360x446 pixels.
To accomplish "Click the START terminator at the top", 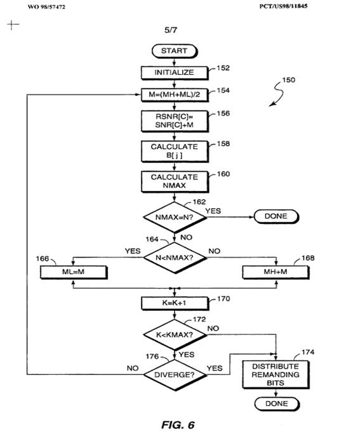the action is click(x=175, y=51).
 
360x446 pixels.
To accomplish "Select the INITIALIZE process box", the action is click(x=175, y=73).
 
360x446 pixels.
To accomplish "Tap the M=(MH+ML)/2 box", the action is click(x=175, y=95).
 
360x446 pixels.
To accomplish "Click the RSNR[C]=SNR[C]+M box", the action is click(x=175, y=121).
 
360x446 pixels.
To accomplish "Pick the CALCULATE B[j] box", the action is click(x=175, y=152).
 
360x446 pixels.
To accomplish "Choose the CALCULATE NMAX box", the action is click(x=175, y=181).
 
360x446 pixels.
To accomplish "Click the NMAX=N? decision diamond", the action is click(x=175, y=218).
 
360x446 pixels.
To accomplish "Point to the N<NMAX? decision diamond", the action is click(x=175, y=258).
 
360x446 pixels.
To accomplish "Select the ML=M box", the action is click(x=74, y=272).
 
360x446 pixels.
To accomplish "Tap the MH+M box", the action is click(x=276, y=272).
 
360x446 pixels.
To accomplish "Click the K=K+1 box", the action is click(x=175, y=303).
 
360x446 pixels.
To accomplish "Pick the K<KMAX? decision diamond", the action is click(x=175, y=335).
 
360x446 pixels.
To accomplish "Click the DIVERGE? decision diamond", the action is click(x=175, y=375).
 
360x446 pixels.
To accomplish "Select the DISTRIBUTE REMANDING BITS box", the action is click(x=276, y=374).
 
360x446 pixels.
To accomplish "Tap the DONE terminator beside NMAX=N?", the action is click(x=276, y=216).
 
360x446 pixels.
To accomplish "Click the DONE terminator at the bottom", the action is click(x=277, y=404).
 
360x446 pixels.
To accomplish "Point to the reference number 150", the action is click(x=288, y=80).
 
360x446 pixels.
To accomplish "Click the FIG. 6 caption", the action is click(x=178, y=425).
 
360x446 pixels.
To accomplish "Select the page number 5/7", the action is click(x=171, y=30).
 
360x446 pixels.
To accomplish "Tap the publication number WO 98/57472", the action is click(x=46, y=7).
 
